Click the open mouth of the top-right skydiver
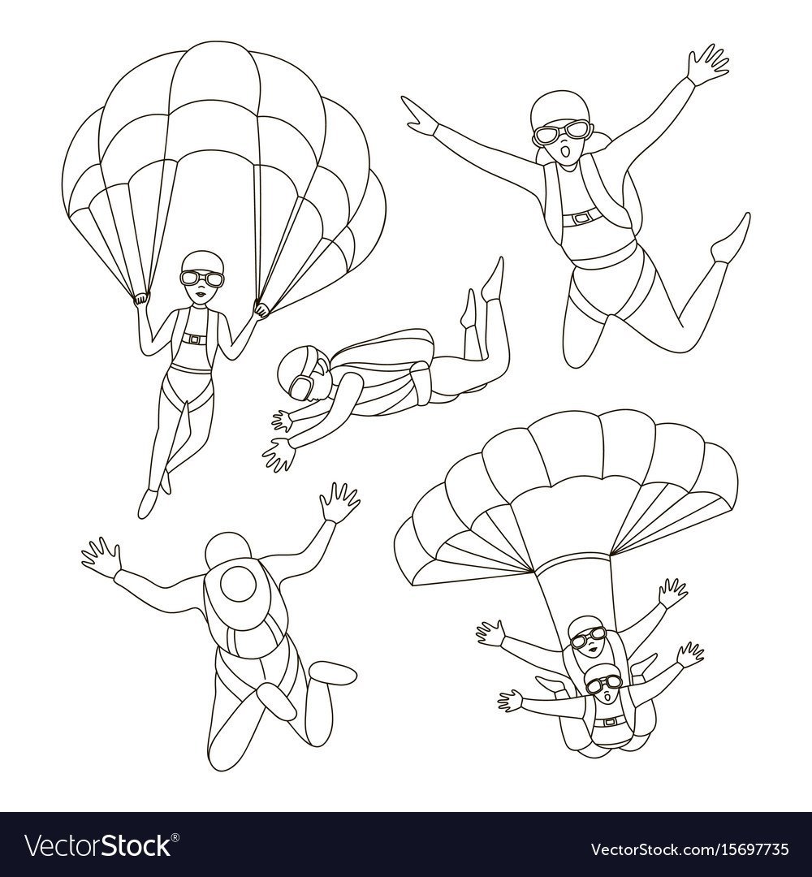click(x=567, y=151)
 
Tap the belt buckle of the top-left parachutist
click(x=194, y=339)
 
